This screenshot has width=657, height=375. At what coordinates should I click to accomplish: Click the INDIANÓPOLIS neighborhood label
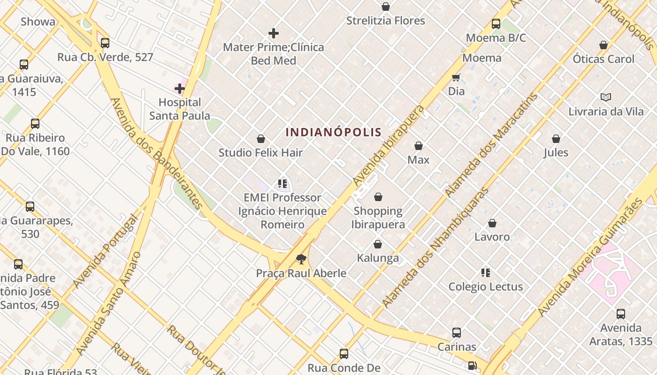tap(333, 132)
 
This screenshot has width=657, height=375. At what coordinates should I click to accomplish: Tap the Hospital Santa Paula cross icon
tap(180, 89)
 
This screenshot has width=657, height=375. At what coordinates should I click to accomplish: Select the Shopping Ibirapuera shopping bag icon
tap(378, 197)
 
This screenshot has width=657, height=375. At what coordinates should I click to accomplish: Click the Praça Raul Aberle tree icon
tap(301, 259)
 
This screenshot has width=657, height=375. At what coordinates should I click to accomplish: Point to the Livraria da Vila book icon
tap(606, 97)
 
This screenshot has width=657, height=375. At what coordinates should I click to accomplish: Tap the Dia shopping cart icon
tap(456, 77)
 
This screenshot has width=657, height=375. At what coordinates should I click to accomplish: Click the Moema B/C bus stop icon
tap(496, 24)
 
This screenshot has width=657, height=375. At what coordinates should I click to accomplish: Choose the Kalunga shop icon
tap(378, 244)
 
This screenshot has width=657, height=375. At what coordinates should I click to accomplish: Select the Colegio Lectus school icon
tap(486, 272)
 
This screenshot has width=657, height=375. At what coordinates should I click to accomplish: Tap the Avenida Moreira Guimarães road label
tap(589, 258)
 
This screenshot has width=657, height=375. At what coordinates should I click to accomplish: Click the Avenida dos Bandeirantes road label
tap(156, 153)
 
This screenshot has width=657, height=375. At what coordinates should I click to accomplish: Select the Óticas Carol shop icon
tap(604, 45)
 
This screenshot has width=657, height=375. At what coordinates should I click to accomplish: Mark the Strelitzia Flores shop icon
tap(386, 7)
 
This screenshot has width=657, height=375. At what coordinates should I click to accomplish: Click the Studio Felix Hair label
tap(261, 153)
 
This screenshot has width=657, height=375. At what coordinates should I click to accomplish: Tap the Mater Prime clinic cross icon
tap(274, 33)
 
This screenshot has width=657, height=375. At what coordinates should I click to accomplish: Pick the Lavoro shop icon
tap(492, 223)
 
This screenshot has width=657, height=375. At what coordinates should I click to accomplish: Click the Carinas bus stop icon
tap(457, 333)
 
